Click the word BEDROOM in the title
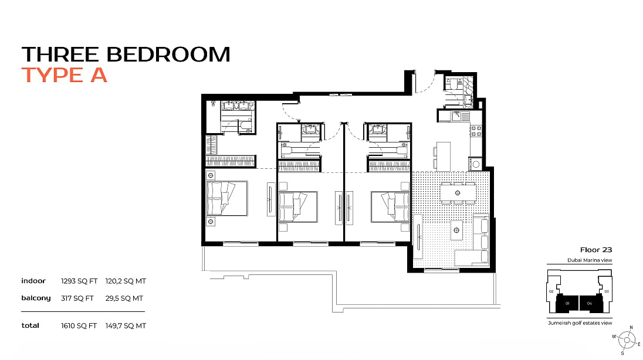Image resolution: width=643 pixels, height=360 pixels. [168, 55]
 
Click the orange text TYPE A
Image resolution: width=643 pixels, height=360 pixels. [65, 75]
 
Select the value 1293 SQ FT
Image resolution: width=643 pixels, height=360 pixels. [79, 281]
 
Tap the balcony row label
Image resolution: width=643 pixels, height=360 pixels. [36, 298]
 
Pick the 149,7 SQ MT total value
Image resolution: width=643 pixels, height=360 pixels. [126, 326]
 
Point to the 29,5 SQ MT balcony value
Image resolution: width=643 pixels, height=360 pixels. [124, 298]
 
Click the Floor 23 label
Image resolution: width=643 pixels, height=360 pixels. [596, 250]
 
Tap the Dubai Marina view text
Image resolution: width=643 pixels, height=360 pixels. [590, 260]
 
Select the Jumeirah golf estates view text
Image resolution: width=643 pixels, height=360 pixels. [580, 323]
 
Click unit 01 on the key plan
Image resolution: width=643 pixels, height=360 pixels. [567, 303]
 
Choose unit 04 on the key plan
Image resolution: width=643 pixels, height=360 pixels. [590, 303]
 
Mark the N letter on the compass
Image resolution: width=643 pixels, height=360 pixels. [631, 328]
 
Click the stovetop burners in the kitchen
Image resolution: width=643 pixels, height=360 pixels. [476, 131]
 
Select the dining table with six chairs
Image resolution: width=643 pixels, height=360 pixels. [458, 193]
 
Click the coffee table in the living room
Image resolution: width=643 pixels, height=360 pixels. [456, 230]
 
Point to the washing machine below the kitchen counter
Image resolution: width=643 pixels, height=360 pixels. [476, 164]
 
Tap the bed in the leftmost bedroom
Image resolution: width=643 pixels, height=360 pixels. [227, 198]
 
